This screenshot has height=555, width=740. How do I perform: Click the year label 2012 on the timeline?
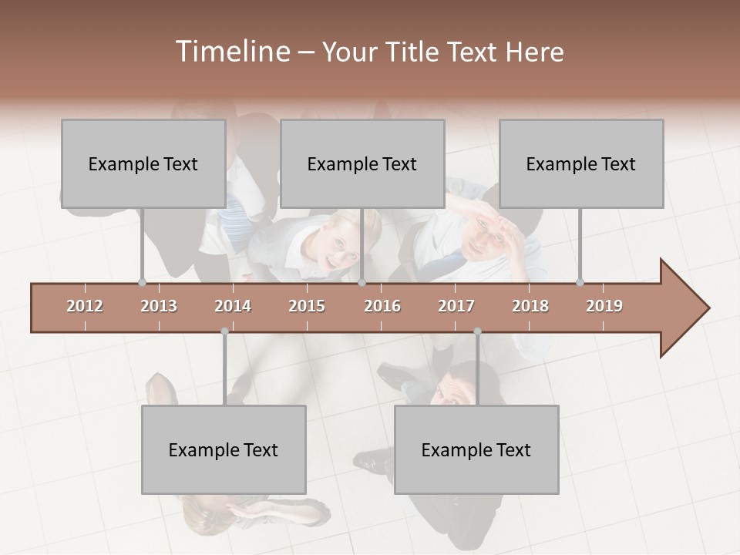point(85,306)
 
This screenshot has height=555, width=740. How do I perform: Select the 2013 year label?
point(159,306)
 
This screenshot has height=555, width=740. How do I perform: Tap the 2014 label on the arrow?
point(233,306)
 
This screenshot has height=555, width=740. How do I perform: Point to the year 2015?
point(307,306)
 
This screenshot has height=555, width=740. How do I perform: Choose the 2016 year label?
point(382,306)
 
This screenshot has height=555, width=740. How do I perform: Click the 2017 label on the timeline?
point(456,306)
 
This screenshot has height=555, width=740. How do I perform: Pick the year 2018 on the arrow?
point(530,306)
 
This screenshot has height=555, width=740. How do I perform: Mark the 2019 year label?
point(604,306)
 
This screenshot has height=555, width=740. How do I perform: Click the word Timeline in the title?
point(231,52)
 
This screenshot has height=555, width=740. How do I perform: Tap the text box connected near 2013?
point(143,163)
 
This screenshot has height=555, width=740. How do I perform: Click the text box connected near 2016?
point(362,163)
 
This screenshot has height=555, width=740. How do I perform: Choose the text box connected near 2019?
point(581,163)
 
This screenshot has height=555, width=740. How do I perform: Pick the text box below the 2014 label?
point(224,449)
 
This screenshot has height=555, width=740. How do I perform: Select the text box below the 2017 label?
point(476,449)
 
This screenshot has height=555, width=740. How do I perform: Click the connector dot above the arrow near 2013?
point(142,282)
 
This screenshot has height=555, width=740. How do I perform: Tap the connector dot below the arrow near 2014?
point(224,331)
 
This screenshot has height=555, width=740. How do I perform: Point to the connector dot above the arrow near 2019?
point(580,282)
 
